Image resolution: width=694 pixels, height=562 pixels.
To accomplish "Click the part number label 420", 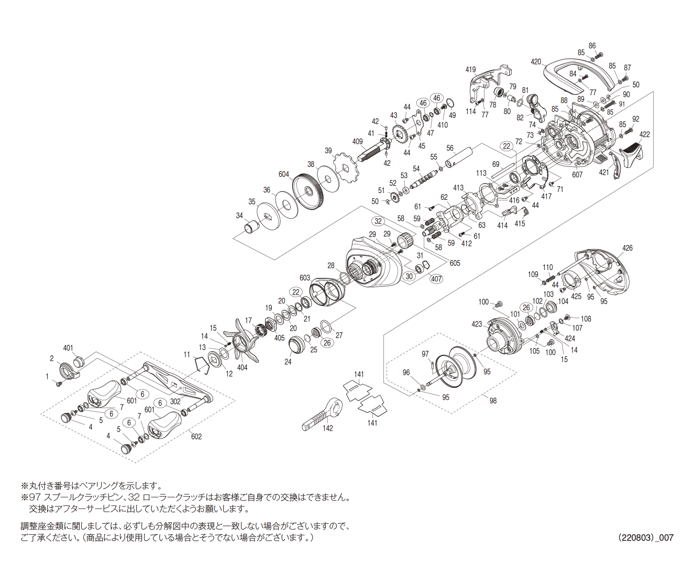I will click(535, 62).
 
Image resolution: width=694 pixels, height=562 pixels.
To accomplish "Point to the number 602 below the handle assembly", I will click(196, 436).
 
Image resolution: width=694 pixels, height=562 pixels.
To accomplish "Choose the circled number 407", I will click(436, 278).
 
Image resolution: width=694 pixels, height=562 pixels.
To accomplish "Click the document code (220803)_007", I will click(645, 537).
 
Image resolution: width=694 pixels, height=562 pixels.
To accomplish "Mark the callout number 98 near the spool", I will click(493, 400).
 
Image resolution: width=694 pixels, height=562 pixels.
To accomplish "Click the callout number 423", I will click(477, 324).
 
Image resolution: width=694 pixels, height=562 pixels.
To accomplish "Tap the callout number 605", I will click(455, 263).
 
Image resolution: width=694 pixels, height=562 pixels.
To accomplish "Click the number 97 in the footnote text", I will click(35, 497).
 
